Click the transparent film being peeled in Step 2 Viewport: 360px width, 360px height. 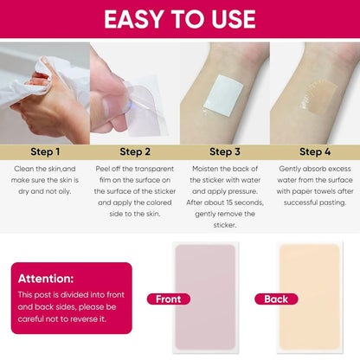144,95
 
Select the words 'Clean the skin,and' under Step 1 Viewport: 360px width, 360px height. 45,170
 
